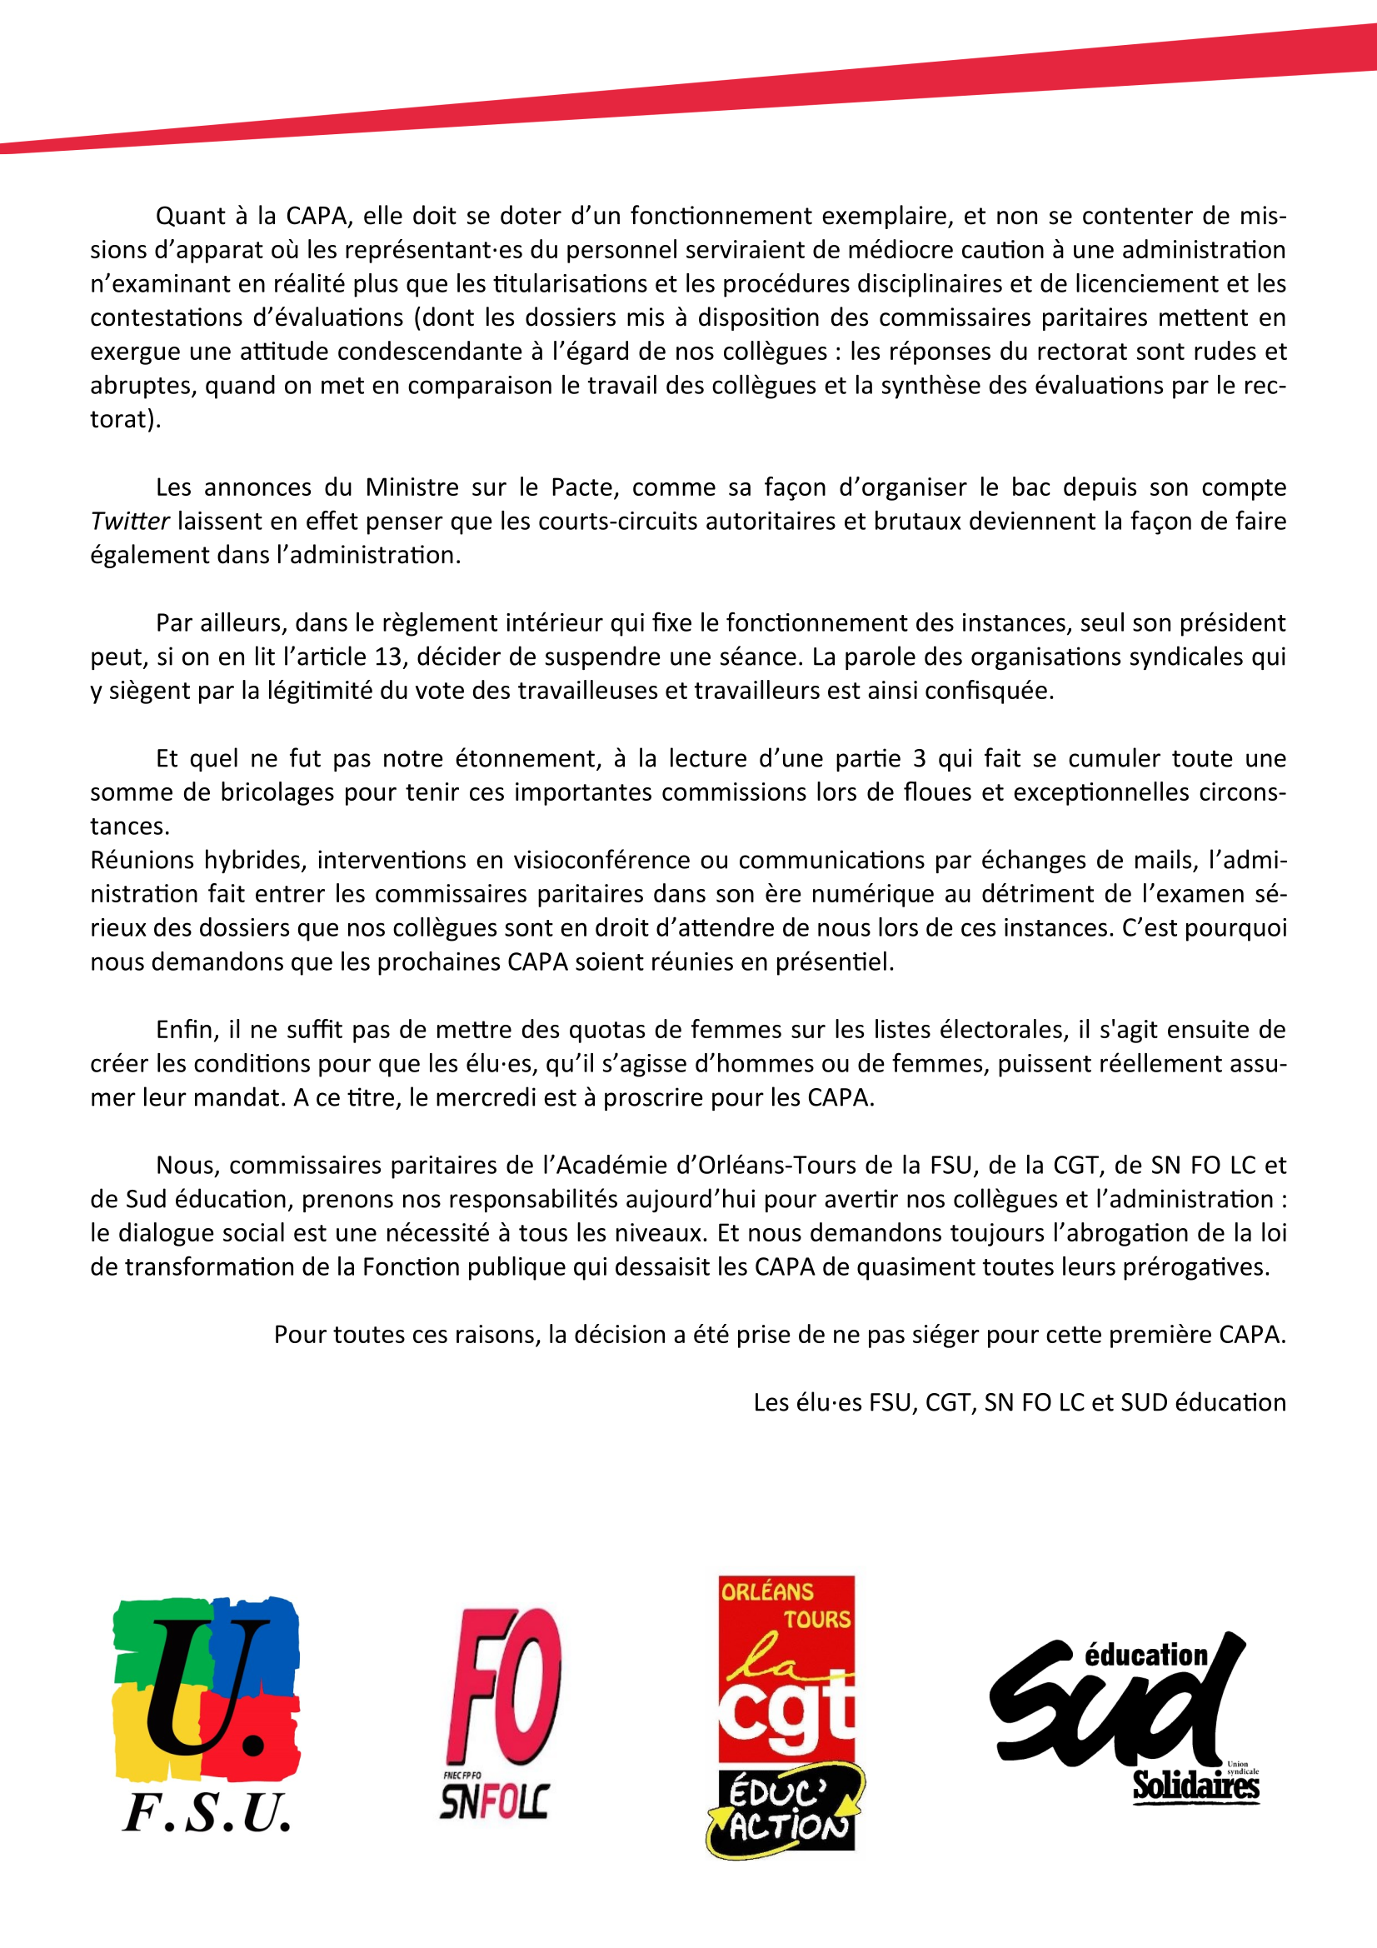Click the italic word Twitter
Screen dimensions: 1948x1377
[x=130, y=521]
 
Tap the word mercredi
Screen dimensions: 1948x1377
[x=483, y=1097]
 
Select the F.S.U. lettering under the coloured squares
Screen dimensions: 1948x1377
[x=207, y=1813]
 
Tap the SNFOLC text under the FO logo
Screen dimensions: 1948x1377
[x=494, y=1801]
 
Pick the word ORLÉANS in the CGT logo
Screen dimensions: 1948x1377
[x=766, y=1591]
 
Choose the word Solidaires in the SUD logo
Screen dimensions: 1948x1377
[x=1195, y=1786]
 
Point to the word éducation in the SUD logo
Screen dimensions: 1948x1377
[x=1145, y=1655]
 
